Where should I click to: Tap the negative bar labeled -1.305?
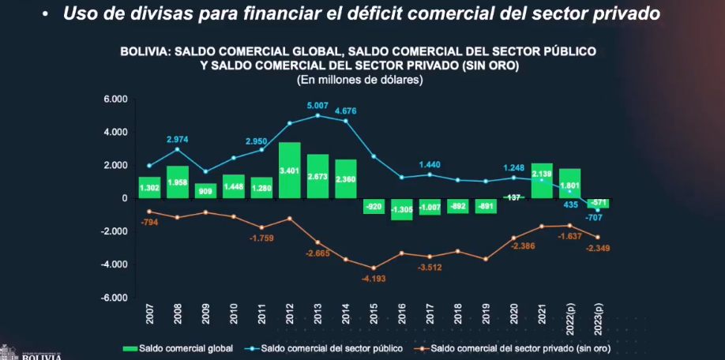point(404,208)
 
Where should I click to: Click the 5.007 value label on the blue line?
point(317,105)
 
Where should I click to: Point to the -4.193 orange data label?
point(374,279)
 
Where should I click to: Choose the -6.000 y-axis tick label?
point(115,298)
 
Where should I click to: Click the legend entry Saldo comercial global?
point(178,347)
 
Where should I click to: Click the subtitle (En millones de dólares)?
point(359,79)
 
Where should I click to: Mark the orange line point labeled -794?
point(150,212)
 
